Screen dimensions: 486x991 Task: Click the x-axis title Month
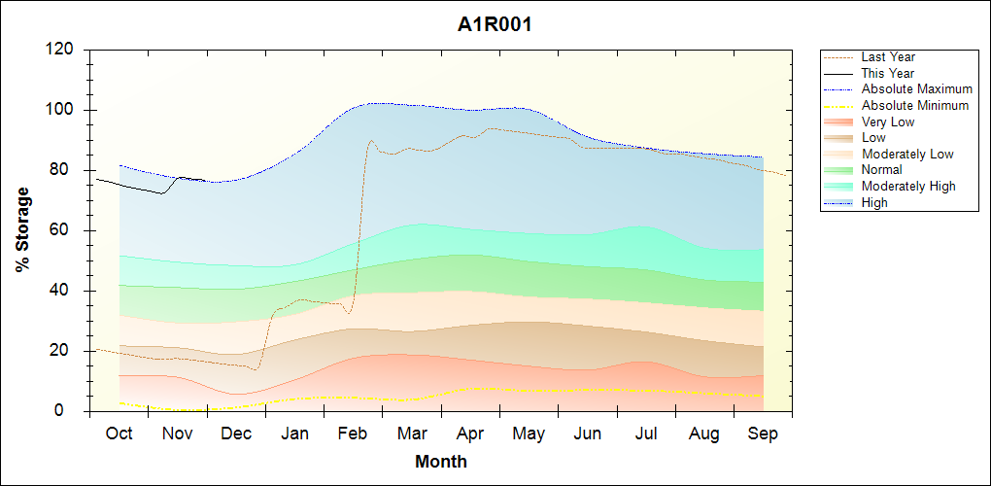click(x=440, y=462)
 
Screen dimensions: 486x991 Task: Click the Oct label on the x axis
click(x=119, y=434)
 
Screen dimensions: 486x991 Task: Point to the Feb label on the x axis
click(x=354, y=434)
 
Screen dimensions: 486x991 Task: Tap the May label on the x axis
click(x=529, y=434)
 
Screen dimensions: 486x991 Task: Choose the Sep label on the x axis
click(x=763, y=434)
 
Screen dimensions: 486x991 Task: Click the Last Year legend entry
click(x=888, y=57)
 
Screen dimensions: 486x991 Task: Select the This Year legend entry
click(x=888, y=73)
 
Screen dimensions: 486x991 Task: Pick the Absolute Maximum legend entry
click(x=916, y=89)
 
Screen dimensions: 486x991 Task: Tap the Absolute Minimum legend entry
click(x=915, y=105)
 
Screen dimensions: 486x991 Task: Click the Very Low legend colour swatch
click(x=839, y=121)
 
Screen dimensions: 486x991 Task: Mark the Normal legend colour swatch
click(x=839, y=170)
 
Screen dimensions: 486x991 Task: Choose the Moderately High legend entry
click(x=908, y=186)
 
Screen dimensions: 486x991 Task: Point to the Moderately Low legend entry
click(x=907, y=154)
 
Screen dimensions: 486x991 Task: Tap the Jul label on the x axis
click(x=646, y=434)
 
